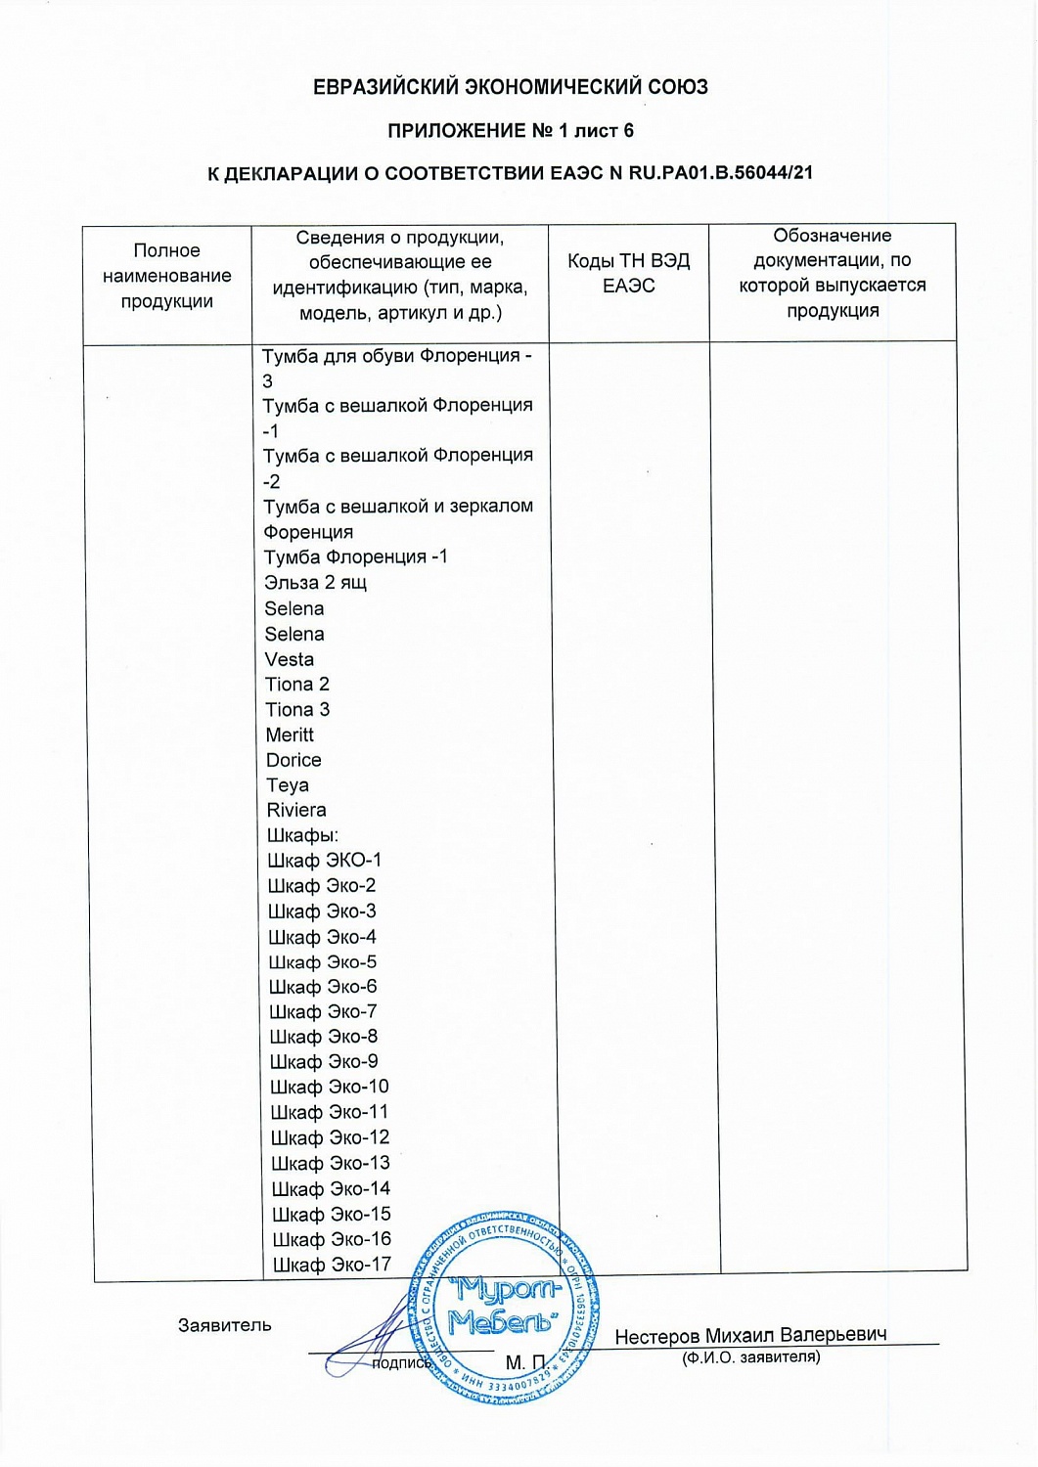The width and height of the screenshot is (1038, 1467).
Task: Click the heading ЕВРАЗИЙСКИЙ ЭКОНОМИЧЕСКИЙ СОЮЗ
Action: [x=510, y=87]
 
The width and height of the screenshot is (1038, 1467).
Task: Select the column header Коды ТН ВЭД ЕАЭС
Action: [x=629, y=273]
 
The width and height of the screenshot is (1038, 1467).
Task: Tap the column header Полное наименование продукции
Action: [x=167, y=276]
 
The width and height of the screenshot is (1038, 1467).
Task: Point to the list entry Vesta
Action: [x=290, y=659]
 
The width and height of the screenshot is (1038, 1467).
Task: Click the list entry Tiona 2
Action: [x=297, y=685]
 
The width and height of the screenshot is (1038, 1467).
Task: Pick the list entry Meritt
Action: [x=291, y=734]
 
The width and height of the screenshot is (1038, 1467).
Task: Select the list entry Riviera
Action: [x=296, y=810]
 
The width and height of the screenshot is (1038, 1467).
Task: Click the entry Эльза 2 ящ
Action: [x=315, y=583]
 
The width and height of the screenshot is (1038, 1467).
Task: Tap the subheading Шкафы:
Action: [x=303, y=835]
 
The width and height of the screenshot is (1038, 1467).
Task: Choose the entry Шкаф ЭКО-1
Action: [x=325, y=861]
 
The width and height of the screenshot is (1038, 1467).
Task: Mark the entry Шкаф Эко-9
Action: [x=325, y=1062]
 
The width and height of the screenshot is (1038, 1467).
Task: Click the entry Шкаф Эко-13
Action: [x=331, y=1163]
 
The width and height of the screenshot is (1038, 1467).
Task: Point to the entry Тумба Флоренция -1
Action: [x=356, y=557]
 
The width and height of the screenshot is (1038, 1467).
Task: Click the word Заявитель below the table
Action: [x=225, y=1325]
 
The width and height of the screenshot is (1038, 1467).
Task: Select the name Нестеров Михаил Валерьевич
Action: [x=750, y=1335]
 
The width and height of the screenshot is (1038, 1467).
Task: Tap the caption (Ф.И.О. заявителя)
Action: [x=750, y=1357]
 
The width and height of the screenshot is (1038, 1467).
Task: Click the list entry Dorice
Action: [x=293, y=760]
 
